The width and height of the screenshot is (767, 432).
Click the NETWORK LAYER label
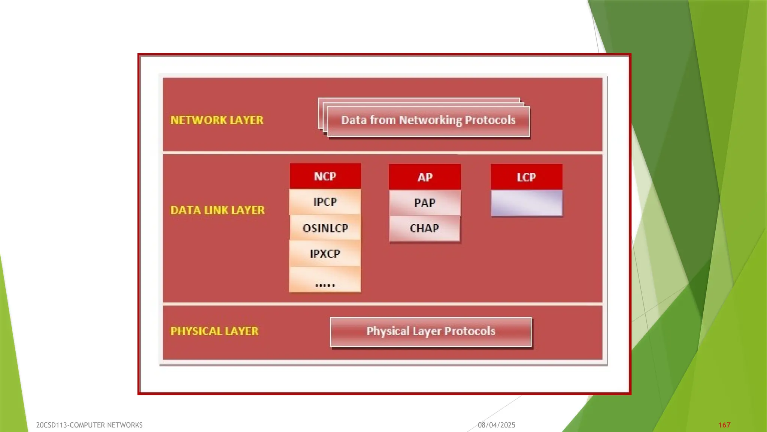pyautogui.click(x=217, y=120)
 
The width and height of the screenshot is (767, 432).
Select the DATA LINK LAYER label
pyautogui.click(x=217, y=210)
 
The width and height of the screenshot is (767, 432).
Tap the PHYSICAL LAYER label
pyautogui.click(x=214, y=331)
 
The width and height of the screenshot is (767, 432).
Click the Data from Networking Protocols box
pyautogui.click(x=428, y=121)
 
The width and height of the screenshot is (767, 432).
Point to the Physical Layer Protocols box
pyautogui.click(x=431, y=332)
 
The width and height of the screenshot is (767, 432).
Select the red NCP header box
pyautogui.click(x=325, y=176)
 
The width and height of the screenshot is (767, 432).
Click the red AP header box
pyautogui.click(x=425, y=177)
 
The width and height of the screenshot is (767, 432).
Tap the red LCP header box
pyautogui.click(x=526, y=177)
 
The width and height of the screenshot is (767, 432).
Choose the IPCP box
pyautogui.click(x=325, y=202)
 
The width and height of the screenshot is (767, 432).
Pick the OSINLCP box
pyautogui.click(x=325, y=228)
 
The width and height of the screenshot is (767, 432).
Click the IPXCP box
pyautogui.click(x=325, y=253)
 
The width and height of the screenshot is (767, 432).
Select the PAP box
pyautogui.click(x=425, y=203)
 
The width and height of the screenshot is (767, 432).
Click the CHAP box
pyautogui.click(x=424, y=228)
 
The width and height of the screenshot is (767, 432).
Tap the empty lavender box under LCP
pyautogui.click(x=526, y=203)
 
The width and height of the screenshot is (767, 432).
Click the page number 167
pyautogui.click(x=724, y=425)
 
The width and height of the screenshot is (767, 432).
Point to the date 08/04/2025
pyautogui.click(x=496, y=425)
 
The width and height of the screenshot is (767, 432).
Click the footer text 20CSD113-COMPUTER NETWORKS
pyautogui.click(x=89, y=425)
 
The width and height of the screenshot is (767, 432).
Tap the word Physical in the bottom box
pyautogui.click(x=388, y=331)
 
